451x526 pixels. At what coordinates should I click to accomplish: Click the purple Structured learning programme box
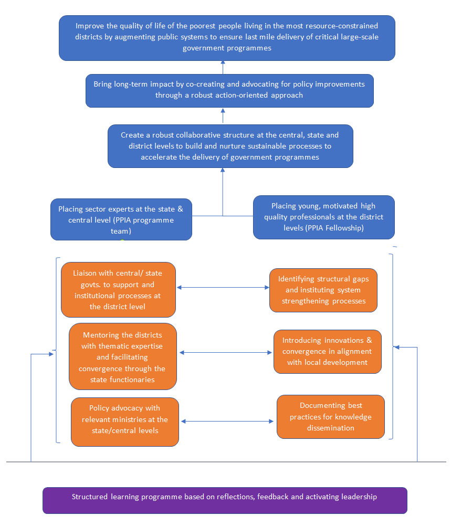point(225,500)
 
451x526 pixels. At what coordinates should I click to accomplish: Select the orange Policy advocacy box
point(125,422)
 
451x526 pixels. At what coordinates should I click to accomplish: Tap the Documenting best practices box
point(331,417)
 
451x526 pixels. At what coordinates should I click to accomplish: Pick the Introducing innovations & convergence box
point(328,352)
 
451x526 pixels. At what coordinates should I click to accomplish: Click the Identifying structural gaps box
point(323,290)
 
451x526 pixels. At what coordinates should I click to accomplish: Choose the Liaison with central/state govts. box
point(118,290)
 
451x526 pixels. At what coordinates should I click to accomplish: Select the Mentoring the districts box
point(123,356)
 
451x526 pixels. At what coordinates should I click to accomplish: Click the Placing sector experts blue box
point(121,219)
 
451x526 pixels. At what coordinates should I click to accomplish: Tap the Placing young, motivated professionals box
point(324,217)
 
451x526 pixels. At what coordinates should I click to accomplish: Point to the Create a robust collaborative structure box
point(230,146)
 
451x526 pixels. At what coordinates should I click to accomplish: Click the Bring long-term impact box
point(229,91)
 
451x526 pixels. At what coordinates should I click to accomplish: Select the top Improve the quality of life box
point(227,38)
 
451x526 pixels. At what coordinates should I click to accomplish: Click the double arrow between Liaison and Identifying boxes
point(223,288)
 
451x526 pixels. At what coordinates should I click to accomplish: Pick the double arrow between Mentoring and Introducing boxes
point(226,353)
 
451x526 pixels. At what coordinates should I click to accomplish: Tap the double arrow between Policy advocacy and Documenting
point(227,421)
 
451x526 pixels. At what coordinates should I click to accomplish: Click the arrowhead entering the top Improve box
point(223,62)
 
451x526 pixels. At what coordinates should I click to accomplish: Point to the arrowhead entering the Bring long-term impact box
point(223,110)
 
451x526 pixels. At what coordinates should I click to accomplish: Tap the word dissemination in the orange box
point(331,428)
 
